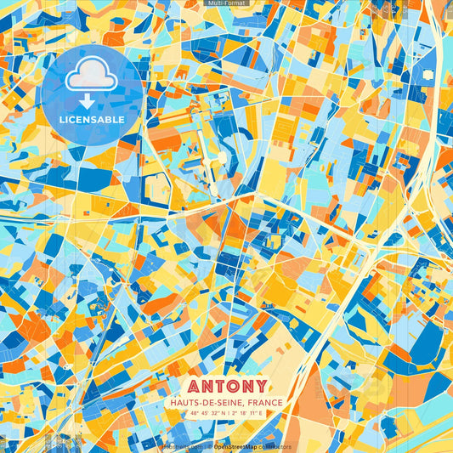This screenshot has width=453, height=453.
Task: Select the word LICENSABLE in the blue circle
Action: click(x=92, y=120)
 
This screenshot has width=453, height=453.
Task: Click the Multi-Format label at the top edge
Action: click(x=226, y=4)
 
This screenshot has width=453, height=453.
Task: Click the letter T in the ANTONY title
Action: click(x=217, y=386)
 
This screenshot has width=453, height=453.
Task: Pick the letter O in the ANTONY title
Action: click(x=233, y=386)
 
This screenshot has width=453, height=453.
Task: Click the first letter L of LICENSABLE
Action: click(x=62, y=120)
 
